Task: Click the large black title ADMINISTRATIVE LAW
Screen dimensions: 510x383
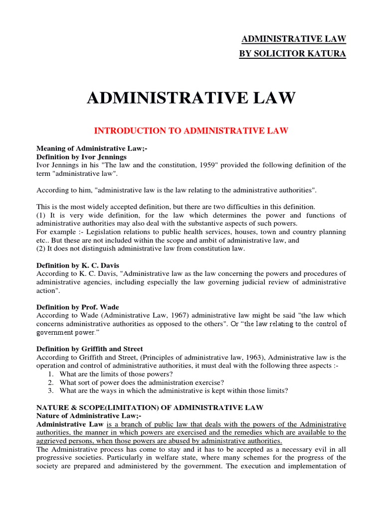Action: point(191,98)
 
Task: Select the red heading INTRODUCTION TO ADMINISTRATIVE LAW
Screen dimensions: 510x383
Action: point(191,131)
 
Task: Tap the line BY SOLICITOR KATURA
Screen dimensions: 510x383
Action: point(293,53)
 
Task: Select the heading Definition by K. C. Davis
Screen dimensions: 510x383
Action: point(78,265)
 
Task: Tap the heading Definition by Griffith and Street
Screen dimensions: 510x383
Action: point(90,349)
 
